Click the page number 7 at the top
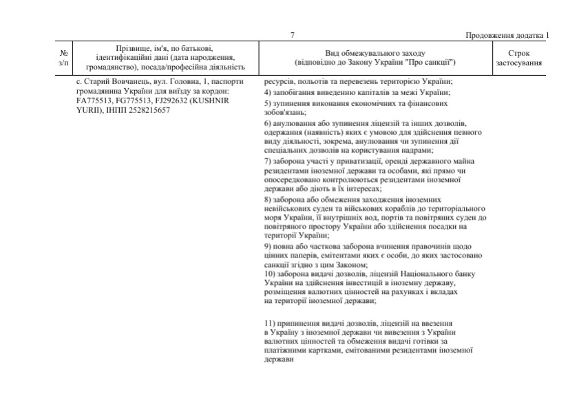[x=293, y=35]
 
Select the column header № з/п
[x=64, y=57]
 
